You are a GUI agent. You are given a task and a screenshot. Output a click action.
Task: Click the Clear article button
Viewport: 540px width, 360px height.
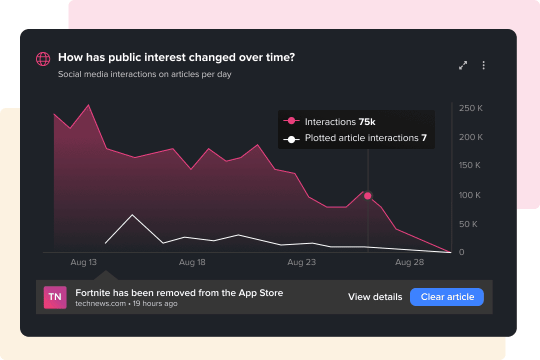[x=446, y=297]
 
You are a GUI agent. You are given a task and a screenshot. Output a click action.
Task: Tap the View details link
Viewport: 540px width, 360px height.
[x=375, y=297]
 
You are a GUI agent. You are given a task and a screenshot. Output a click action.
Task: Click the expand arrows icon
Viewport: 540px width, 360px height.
[x=463, y=65]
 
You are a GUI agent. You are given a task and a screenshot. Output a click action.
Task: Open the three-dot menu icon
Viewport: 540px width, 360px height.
[x=483, y=65]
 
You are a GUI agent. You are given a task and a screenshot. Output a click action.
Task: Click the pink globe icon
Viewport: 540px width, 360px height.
[x=43, y=59]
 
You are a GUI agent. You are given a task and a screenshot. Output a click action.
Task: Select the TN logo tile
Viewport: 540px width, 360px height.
[x=55, y=297]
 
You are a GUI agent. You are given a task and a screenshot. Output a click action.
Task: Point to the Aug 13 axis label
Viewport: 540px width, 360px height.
[x=83, y=262]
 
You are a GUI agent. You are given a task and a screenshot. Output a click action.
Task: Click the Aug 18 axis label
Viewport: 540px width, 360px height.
[x=192, y=262]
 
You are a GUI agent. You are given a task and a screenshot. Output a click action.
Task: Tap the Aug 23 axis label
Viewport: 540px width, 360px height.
[x=301, y=262]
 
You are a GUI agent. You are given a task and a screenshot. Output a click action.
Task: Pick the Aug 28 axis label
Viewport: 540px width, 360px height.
[x=409, y=262]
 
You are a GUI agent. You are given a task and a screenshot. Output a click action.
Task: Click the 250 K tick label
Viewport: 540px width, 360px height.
[x=470, y=108]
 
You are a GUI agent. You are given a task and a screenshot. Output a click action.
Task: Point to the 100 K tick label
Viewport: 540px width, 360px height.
[x=469, y=195]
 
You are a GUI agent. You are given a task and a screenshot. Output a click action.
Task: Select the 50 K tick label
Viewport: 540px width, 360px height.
[x=468, y=224]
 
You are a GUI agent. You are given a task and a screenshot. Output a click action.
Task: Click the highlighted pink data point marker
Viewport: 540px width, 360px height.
[x=368, y=196]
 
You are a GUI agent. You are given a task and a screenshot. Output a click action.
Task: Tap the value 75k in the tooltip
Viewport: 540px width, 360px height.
[x=367, y=122]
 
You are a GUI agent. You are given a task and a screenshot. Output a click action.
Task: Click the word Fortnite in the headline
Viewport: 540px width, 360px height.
[x=93, y=293]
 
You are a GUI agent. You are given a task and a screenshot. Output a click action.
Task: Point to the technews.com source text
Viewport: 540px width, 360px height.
[x=100, y=303]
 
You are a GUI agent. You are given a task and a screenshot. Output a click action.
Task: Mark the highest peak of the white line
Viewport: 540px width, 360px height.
[x=132, y=215]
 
